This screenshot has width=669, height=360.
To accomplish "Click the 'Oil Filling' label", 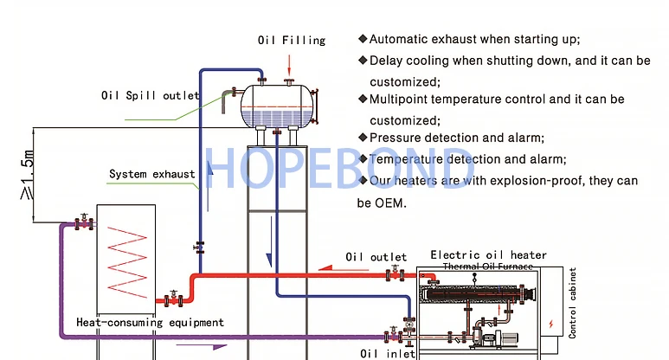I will point(291,40).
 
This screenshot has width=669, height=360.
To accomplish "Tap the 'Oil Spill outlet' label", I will point(151,96).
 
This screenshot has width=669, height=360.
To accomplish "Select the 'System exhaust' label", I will point(151,174).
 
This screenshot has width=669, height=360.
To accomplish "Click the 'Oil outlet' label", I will point(376,257).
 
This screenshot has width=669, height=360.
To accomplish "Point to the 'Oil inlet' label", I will point(383,352).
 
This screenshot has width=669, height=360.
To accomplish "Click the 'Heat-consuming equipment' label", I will point(150,323).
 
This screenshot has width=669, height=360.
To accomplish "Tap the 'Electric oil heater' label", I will point(488,255).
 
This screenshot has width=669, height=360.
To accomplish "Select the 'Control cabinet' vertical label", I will point(572,301).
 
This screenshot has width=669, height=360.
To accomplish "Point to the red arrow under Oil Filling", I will point(290,62).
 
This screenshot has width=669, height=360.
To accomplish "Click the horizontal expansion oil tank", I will point(276,102).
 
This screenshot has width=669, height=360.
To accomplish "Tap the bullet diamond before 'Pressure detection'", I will point(363,138).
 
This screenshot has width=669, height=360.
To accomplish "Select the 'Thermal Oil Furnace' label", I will point(489,267).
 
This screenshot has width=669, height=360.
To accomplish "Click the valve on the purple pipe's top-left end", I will point(84,223).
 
